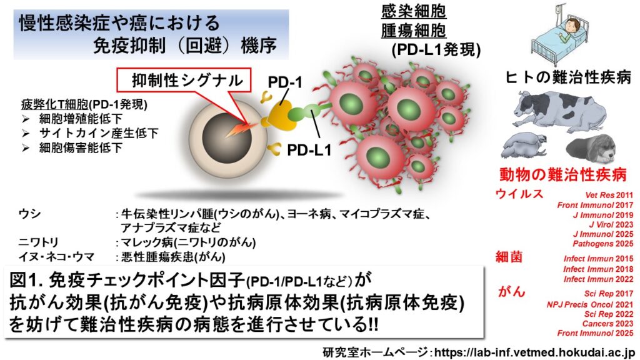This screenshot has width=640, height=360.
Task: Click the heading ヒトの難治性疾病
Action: click(x=568, y=77)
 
